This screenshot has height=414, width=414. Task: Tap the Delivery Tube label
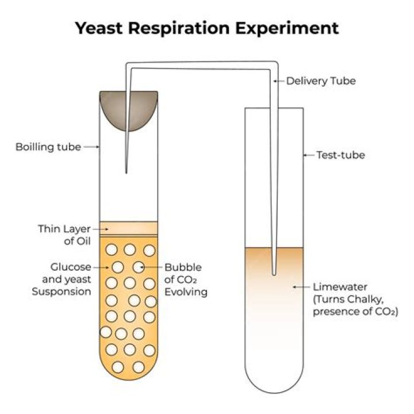321,81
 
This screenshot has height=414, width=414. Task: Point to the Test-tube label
340,155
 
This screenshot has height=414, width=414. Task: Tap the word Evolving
186,292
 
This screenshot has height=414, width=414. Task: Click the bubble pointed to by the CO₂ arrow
139,267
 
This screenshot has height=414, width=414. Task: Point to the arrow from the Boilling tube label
92,147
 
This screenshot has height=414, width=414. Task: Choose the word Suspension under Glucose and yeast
62,292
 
